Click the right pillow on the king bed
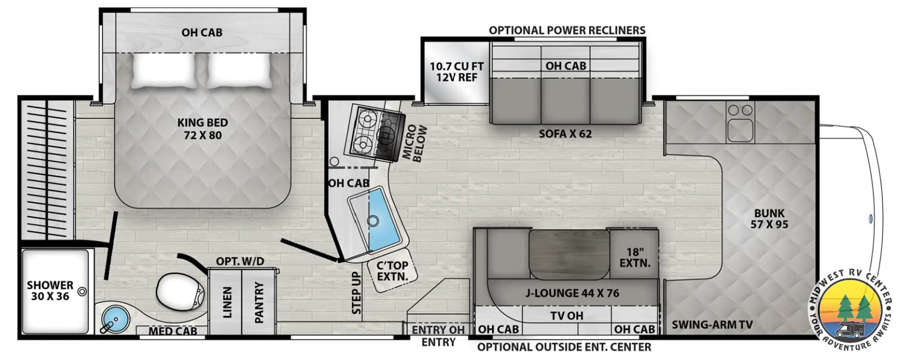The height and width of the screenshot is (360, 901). pos(239,70)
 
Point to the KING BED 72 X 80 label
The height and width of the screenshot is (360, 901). pos(203,128)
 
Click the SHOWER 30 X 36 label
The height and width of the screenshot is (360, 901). pos(50,290)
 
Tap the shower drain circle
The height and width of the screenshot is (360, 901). pos(82,292)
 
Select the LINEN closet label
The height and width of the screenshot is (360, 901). pos(228,302)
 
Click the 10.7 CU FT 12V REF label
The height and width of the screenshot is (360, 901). pos(457,72)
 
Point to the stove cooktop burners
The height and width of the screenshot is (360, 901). pos(374,133)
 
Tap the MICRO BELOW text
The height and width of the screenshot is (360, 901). pos(414,144)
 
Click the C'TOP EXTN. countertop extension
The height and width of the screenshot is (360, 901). pos(392,270)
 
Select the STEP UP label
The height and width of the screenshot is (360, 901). pos(356,293)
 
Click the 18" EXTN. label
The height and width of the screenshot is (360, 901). pos(635,257)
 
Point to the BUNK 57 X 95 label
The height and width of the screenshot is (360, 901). pos(769,219)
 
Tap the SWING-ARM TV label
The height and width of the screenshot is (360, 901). pos(712,324)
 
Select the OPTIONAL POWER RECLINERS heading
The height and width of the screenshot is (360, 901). pos(567,30)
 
